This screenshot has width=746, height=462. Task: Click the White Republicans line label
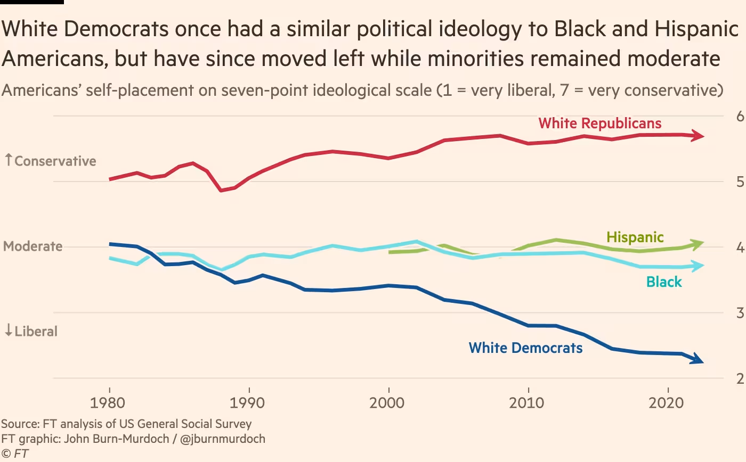click(x=600, y=123)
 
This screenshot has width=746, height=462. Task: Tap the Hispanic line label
click(x=635, y=237)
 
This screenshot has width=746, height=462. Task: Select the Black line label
click(x=664, y=282)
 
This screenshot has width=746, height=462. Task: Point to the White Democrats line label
click(x=525, y=348)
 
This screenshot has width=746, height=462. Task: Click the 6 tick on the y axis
click(x=740, y=116)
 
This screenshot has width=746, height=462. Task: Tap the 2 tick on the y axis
click(x=740, y=379)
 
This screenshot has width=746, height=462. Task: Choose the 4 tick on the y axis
click(x=740, y=247)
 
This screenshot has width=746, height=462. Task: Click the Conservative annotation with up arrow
click(x=50, y=161)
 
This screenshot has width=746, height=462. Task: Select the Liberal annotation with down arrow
click(x=31, y=331)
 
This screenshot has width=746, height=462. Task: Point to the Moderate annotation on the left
click(x=33, y=246)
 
